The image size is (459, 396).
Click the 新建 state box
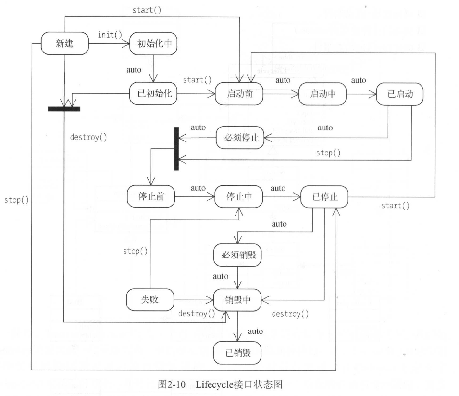tap(65, 43)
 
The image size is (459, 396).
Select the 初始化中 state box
tap(153, 44)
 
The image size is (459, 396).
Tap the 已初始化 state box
tap(153, 93)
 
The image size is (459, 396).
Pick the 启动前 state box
tap(239, 94)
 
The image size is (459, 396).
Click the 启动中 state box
tap(323, 94)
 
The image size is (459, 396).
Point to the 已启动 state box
tap(400, 94)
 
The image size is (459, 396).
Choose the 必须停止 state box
tap(240, 138)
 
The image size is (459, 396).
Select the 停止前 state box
tap(151, 196)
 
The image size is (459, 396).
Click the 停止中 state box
tap(239, 196)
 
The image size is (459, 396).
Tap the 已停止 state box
tap(324, 197)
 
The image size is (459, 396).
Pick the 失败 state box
tap(150, 300)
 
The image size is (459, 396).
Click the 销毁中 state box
tap(237, 300)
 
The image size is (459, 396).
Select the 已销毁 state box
tap(237, 353)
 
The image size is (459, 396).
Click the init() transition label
tap(110, 35)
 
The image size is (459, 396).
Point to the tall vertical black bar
tap(176, 149)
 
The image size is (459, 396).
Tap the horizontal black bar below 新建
tap(64, 109)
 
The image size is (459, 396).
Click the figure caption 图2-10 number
tap(172, 384)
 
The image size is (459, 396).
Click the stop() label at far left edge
tap(16, 200)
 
